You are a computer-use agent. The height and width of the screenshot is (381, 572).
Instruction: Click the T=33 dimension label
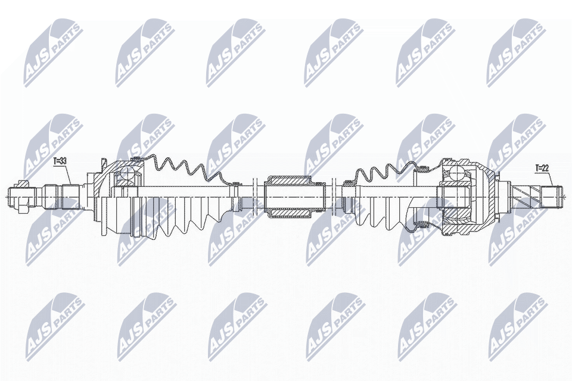(60, 161)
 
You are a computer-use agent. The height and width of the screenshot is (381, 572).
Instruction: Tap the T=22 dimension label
(542, 168)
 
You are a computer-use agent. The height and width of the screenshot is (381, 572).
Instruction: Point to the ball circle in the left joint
(126, 174)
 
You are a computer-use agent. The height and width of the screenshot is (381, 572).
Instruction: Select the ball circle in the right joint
(455, 173)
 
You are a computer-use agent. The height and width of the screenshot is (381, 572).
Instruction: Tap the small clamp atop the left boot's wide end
(136, 158)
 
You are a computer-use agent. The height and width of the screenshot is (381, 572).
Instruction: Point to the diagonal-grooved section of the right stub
(528, 195)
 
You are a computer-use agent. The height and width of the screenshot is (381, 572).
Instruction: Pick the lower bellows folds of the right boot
(387, 214)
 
